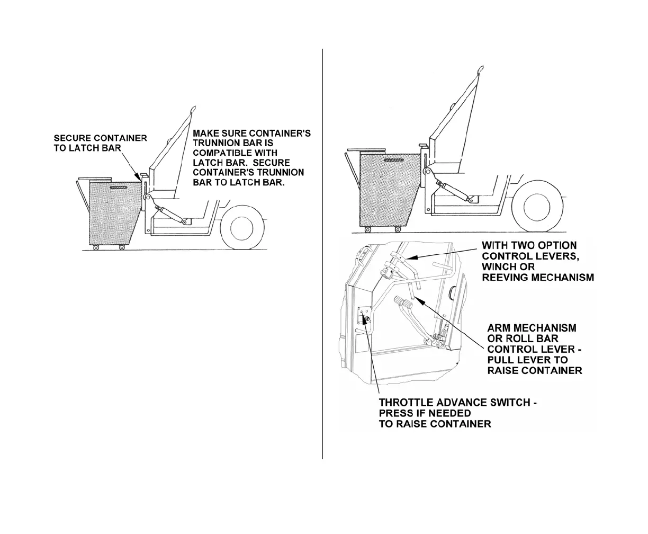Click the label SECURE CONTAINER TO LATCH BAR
click(100, 143)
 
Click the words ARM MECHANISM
click(531, 328)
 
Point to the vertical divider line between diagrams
click(322, 254)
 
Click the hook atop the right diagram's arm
click(481, 69)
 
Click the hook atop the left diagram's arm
click(192, 110)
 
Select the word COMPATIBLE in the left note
click(221, 153)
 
